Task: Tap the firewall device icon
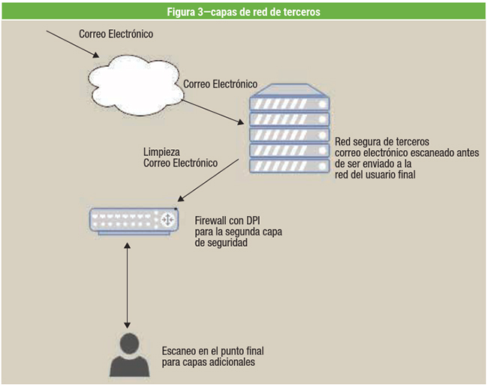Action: pyautogui.click(x=134, y=220)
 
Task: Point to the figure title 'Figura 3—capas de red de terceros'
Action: pyautogui.click(x=243, y=11)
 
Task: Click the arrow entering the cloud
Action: pyautogui.click(x=72, y=43)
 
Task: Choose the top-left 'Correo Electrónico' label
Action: pyautogui.click(x=116, y=34)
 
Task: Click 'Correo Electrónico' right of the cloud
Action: pyautogui.click(x=221, y=84)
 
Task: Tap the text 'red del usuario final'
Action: pyautogui.click(x=376, y=175)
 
